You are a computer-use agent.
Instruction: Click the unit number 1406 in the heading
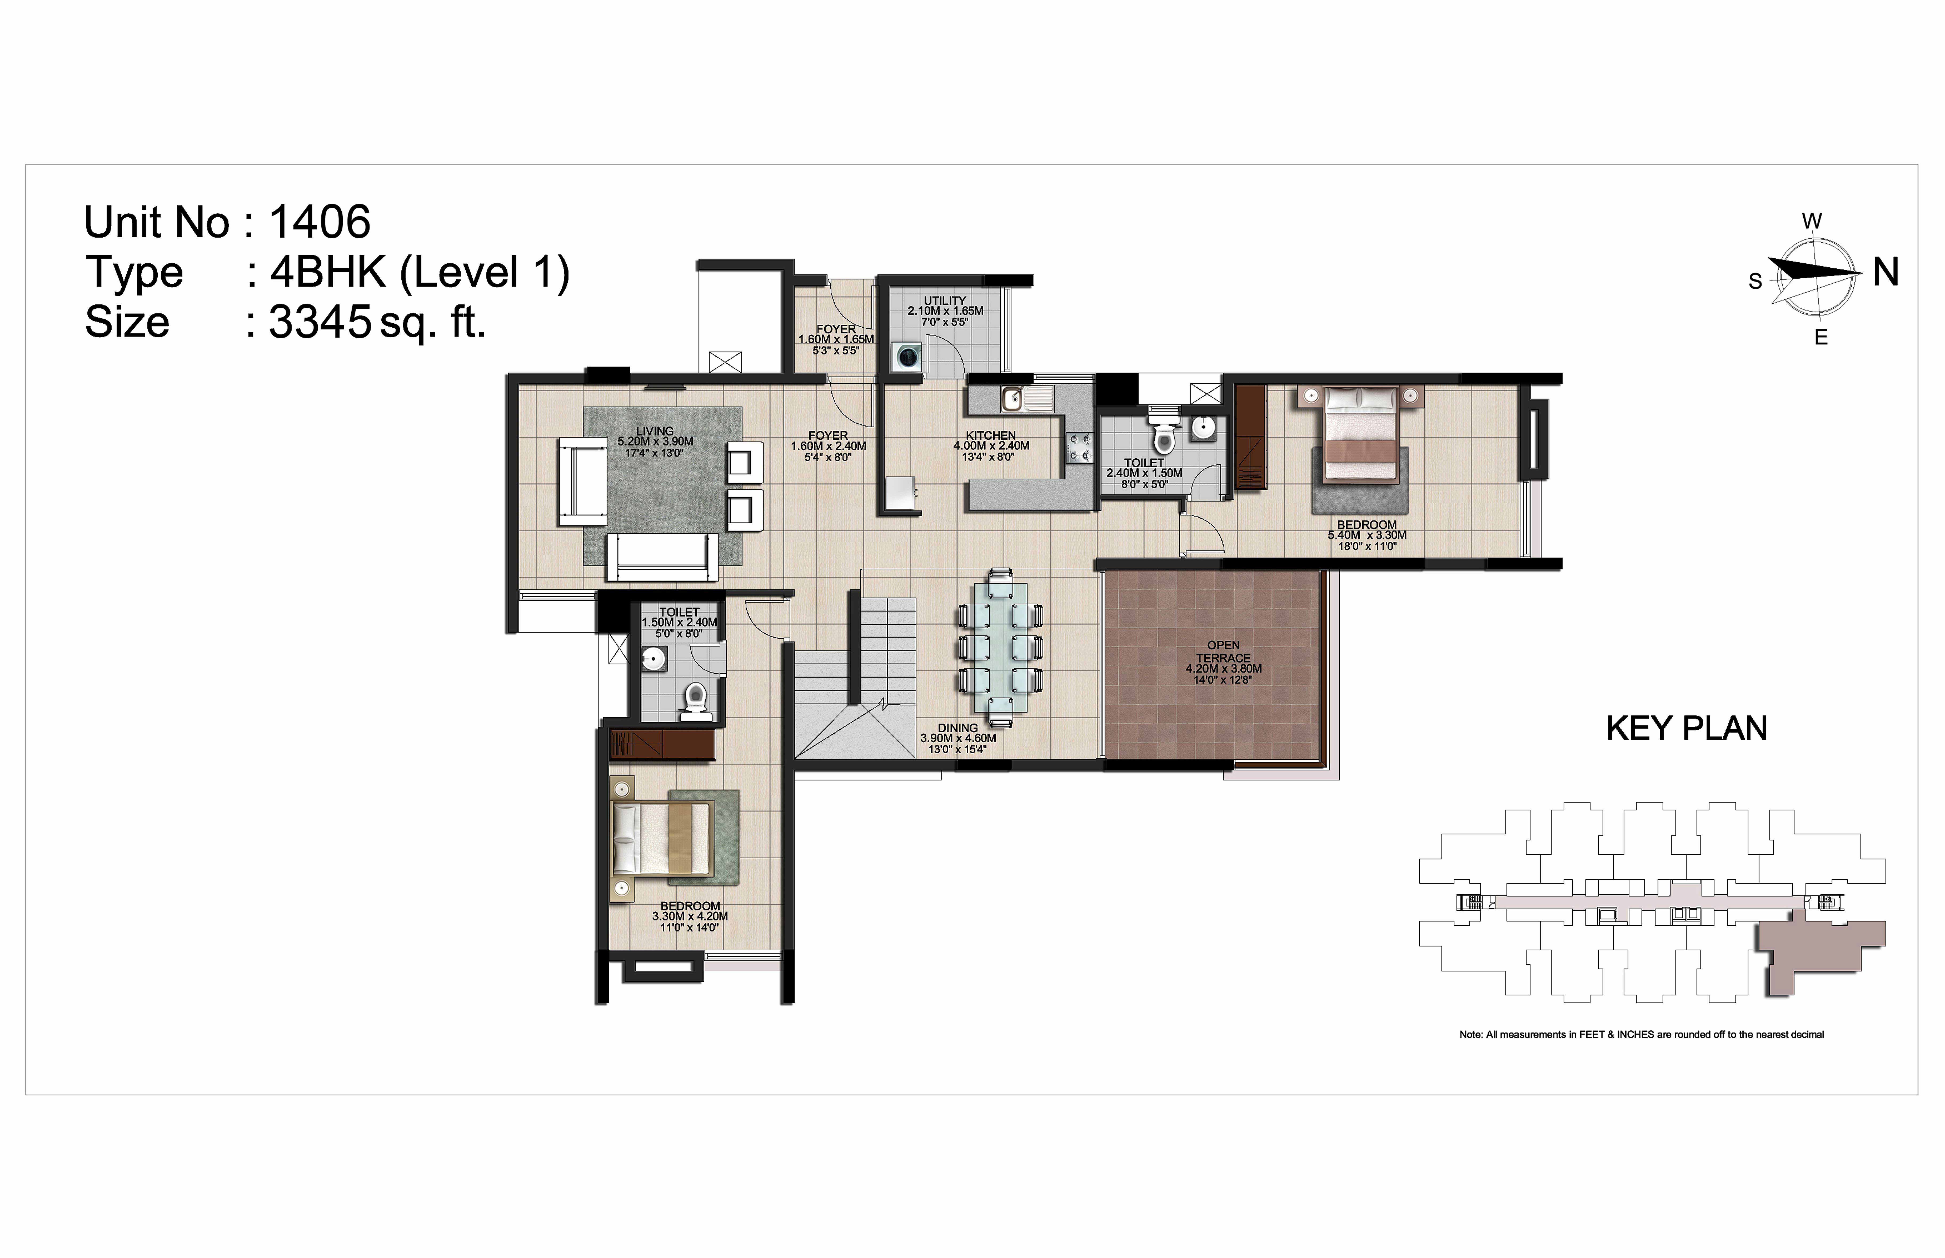click(x=320, y=222)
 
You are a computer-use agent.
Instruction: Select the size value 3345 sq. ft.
click(x=378, y=323)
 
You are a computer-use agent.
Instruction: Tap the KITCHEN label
click(x=990, y=435)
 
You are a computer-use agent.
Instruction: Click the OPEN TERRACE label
click(x=1223, y=651)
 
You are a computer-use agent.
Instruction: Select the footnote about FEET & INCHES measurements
click(x=1642, y=1034)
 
